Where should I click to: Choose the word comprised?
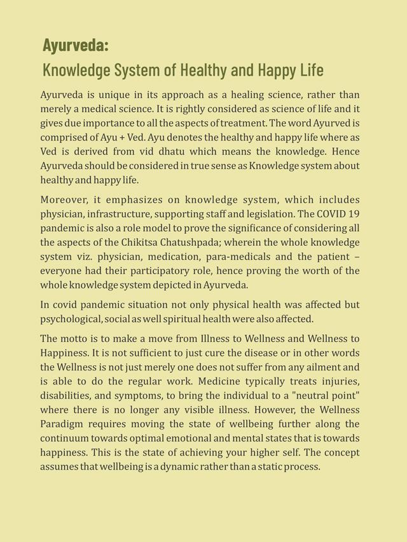pos(66,137)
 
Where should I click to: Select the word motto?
pos(79,339)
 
